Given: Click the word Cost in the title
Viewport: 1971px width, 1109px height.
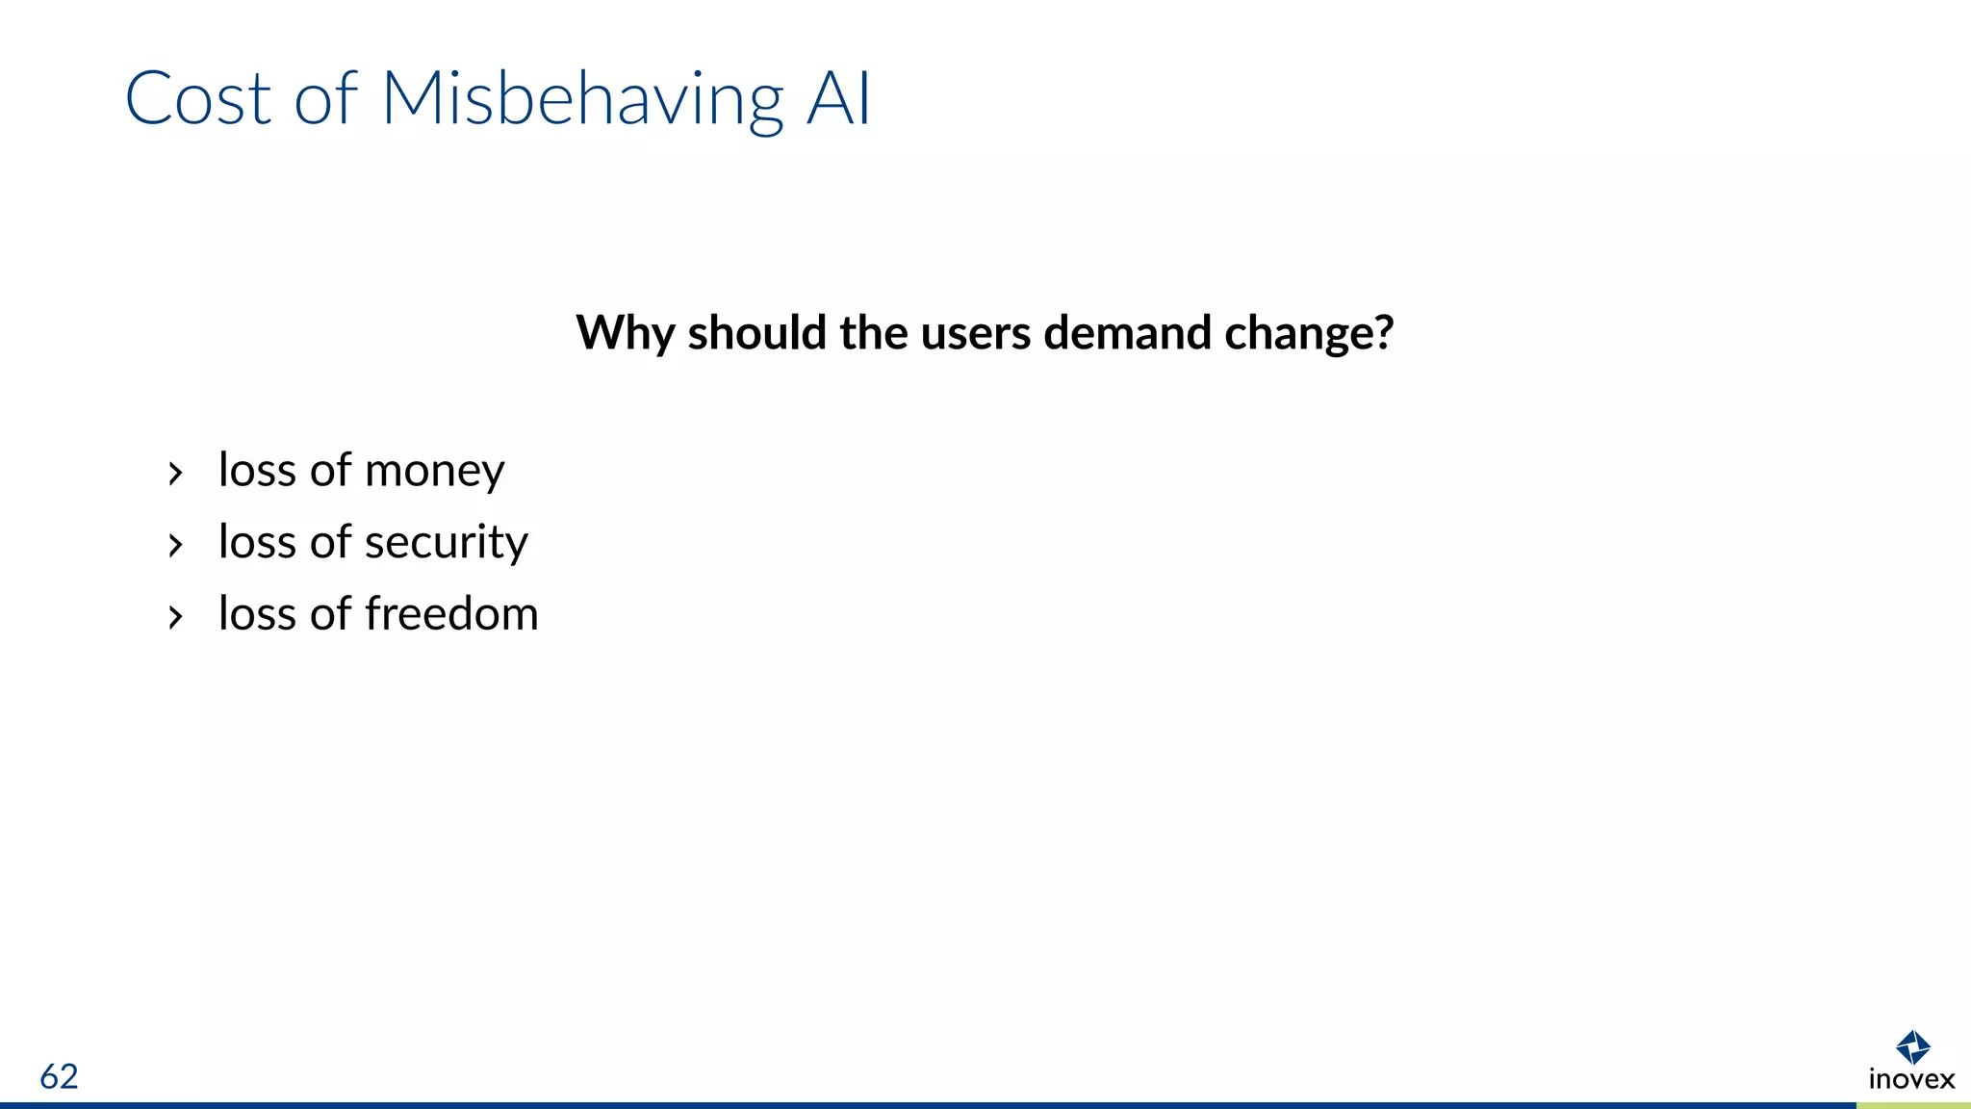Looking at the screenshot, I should [198, 98].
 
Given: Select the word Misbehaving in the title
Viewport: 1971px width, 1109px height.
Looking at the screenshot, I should [582, 100].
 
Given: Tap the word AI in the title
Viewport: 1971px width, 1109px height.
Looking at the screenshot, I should [838, 98].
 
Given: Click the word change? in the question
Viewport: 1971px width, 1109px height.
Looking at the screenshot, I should [1309, 334].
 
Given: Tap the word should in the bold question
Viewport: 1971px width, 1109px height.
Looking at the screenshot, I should [757, 333].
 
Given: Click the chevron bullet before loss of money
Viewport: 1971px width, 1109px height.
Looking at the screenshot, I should [175, 474].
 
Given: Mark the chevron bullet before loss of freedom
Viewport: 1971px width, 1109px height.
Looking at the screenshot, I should [175, 617].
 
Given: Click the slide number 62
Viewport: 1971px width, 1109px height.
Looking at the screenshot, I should [59, 1076].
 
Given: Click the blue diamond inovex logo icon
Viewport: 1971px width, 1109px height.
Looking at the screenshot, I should [1912, 1047].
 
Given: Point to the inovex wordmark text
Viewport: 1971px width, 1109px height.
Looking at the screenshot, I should [1911, 1079].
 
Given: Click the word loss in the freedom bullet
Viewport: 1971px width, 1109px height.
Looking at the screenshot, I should [257, 614].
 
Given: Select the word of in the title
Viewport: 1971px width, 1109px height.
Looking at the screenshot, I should [325, 98].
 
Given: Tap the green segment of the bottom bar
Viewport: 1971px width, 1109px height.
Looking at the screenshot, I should [1913, 1105].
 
